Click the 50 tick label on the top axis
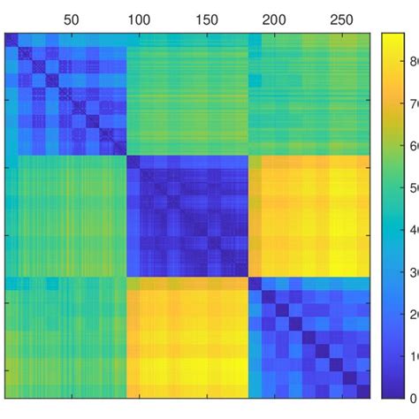[71, 19]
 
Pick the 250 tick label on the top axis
[342, 19]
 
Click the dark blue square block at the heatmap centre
[187, 216]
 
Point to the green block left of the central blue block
[66, 216]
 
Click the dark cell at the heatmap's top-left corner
[11, 40]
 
